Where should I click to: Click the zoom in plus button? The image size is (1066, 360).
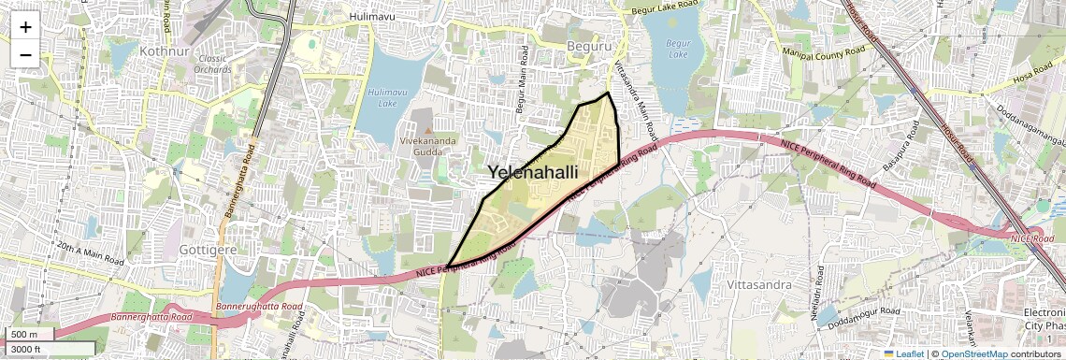25,27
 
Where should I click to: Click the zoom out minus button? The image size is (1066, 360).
25,55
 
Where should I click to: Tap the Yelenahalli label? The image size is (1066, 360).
532,173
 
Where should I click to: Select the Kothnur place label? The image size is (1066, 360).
165,50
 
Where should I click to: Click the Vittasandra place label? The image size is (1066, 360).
759,283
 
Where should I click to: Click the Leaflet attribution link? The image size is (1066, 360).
903,353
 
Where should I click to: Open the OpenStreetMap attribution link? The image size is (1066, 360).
973,353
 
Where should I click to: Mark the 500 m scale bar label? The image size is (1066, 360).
24,335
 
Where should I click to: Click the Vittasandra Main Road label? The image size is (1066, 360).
636,94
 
